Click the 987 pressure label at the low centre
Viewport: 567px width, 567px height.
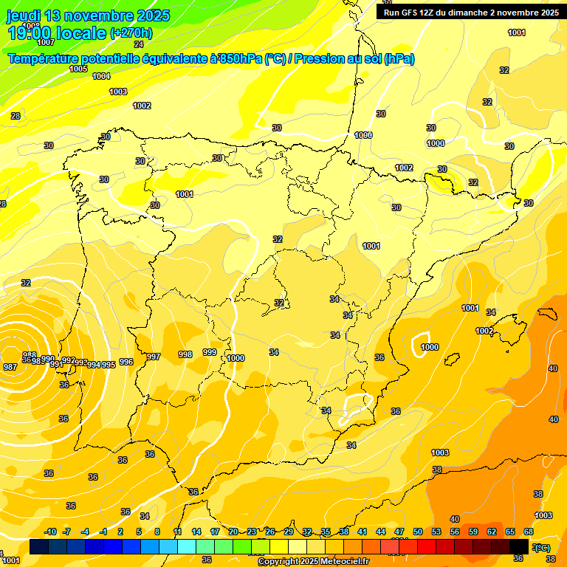(10, 367)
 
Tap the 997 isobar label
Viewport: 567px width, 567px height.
(154, 357)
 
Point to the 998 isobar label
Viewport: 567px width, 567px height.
(185, 354)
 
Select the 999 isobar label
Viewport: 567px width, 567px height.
(210, 352)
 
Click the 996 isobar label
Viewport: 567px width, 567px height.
(126, 362)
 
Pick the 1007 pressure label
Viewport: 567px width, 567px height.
(46, 42)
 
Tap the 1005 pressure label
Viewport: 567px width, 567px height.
(78, 69)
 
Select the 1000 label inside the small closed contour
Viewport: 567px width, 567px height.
(430, 347)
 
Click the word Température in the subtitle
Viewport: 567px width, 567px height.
(47, 59)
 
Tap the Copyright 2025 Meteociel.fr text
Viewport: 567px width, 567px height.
(313, 562)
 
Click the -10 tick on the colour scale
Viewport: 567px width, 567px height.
(51, 532)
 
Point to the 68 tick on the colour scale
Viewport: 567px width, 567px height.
(529, 532)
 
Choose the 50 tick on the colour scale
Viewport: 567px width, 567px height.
(418, 532)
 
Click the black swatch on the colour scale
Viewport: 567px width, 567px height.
(519, 546)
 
